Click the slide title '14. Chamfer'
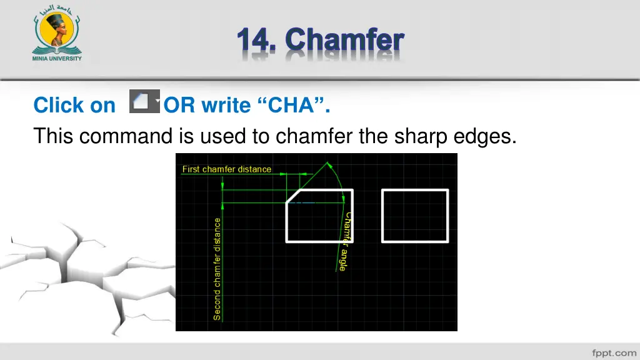pos(320,40)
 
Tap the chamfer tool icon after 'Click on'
pos(144,102)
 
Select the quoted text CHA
pos(291,106)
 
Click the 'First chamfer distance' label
pos(226,169)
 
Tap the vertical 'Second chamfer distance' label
pos(217,269)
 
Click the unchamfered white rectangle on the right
pos(415,216)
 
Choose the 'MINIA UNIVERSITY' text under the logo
pos(56,59)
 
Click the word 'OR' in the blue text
pos(180,106)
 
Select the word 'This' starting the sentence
pos(53,135)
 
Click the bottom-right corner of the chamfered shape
pos(352,241)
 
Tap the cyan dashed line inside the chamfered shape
pos(302,203)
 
